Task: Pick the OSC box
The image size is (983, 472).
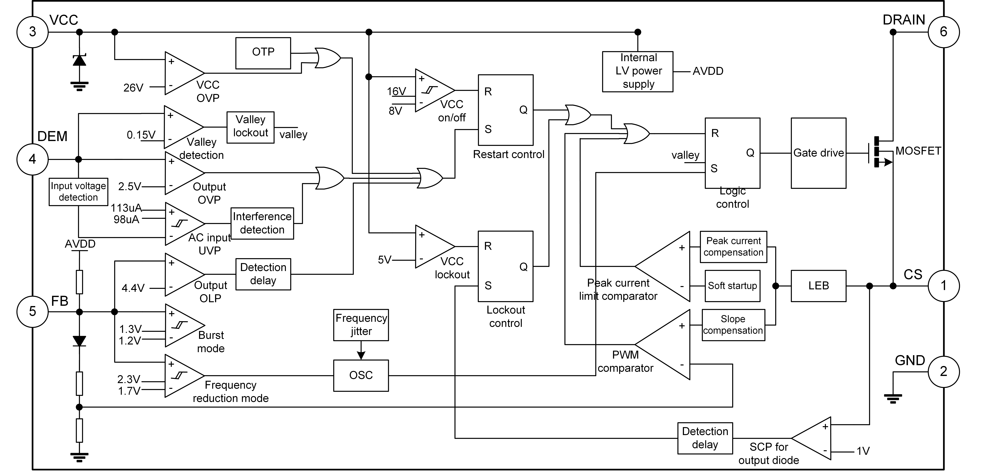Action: (x=361, y=376)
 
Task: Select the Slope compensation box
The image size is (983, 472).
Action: (x=733, y=325)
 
